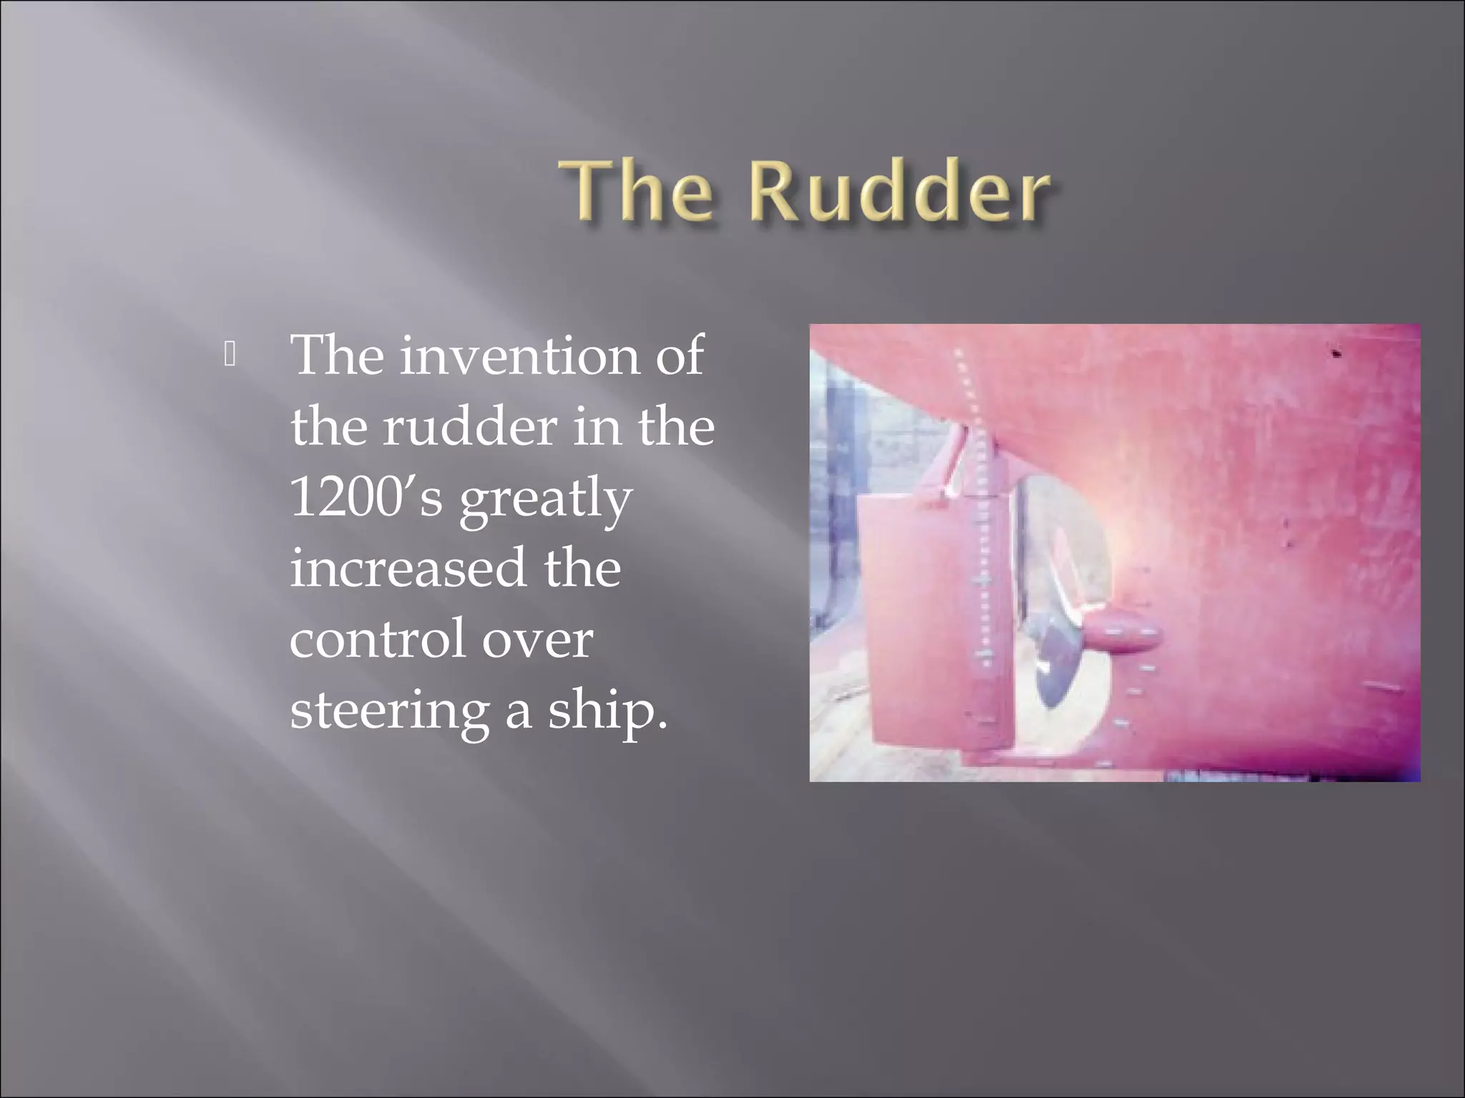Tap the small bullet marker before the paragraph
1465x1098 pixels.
click(230, 355)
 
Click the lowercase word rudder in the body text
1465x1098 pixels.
click(469, 427)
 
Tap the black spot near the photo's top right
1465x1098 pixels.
click(1335, 352)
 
